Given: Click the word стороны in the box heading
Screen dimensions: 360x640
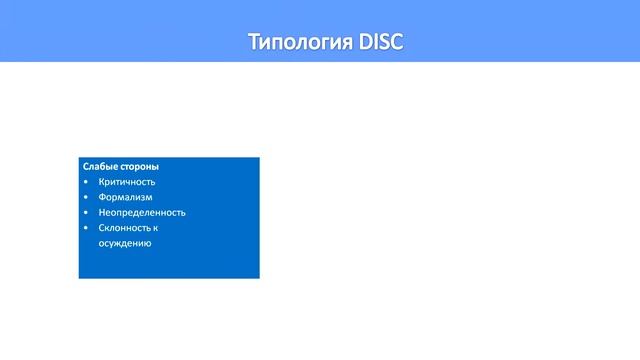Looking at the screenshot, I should coord(139,167).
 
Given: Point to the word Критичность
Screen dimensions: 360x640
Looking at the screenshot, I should coord(127,182).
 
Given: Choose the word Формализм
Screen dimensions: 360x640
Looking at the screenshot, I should coord(126,197).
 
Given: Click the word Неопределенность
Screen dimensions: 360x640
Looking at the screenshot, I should coord(142,212).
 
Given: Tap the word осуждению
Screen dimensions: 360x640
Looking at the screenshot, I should coord(125,243).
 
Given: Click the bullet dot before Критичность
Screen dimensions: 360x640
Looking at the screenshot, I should coord(87,182).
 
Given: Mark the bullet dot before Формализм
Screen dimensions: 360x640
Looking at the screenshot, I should coord(87,197).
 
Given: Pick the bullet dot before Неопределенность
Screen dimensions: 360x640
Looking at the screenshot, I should coord(87,212).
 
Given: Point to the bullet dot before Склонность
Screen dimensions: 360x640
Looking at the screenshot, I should coord(87,228).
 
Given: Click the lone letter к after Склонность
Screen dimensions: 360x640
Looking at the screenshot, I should coord(156,228).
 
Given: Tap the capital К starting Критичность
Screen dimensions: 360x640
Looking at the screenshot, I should coord(102,182).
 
